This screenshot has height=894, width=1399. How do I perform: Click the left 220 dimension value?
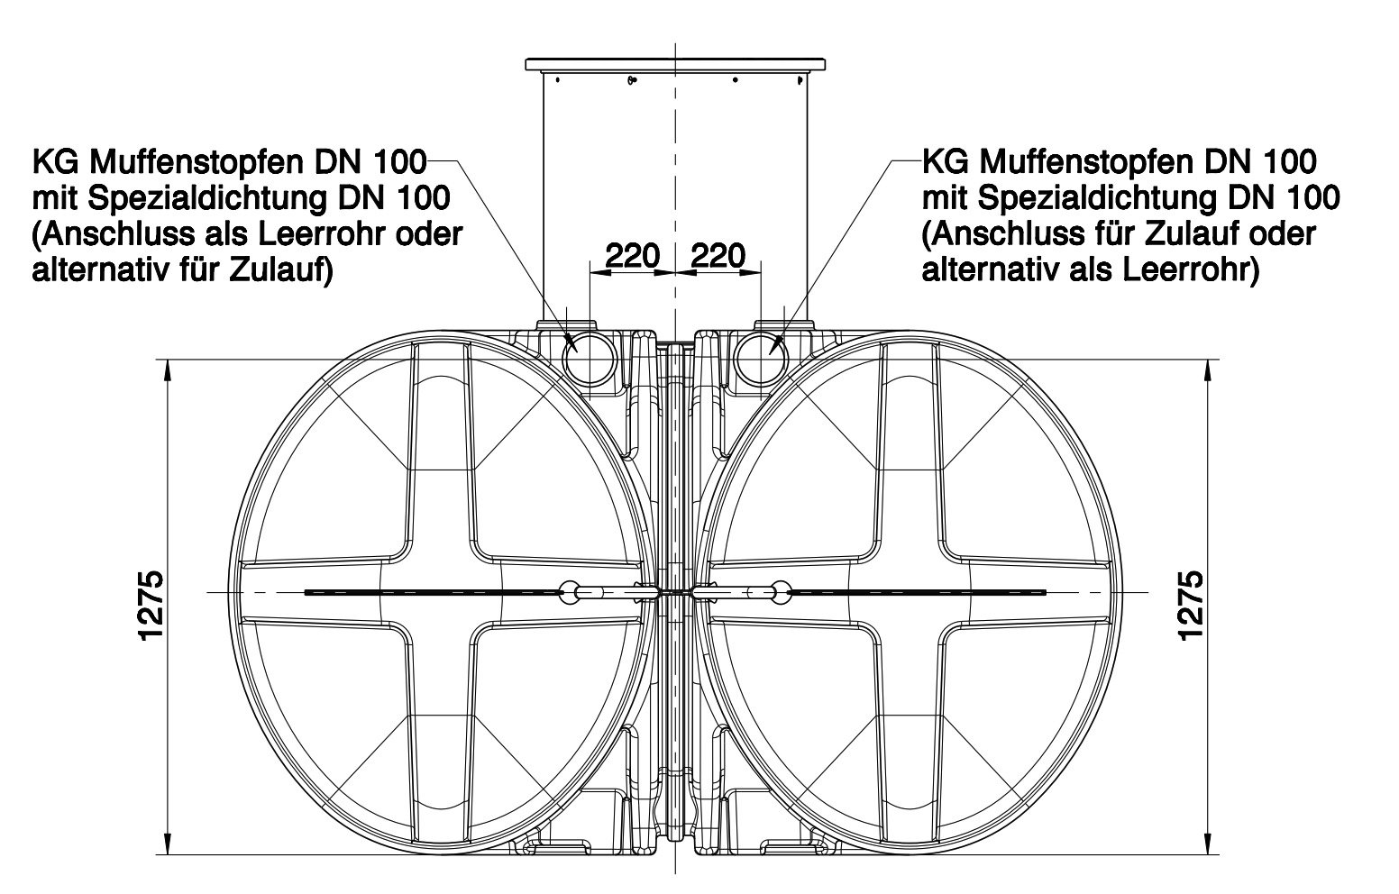click(632, 255)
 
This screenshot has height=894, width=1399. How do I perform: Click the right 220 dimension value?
click(718, 255)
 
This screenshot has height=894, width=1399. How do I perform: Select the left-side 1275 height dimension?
click(151, 605)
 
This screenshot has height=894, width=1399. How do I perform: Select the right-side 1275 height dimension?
click(1191, 605)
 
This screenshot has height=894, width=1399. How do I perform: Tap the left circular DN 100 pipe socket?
click(590, 360)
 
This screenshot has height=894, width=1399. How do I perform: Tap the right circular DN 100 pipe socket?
click(762, 360)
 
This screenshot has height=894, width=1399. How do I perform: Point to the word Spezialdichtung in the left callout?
click(207, 199)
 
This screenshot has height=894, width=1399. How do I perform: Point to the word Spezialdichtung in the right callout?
click(1097, 198)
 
